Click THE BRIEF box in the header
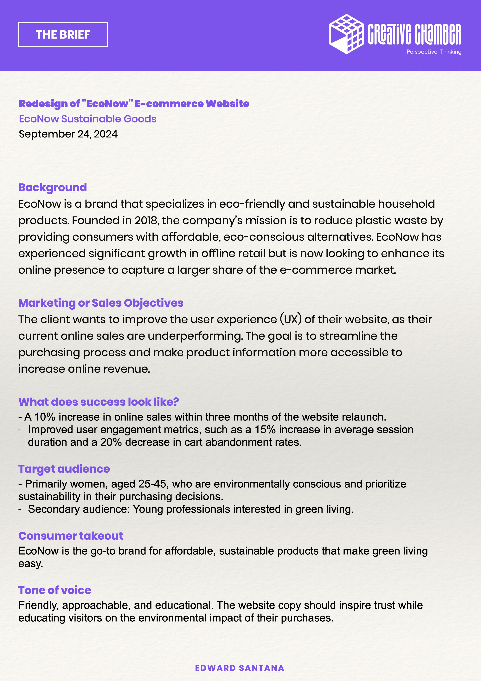click(63, 34)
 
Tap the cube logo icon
click(346, 34)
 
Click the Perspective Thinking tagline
click(434, 52)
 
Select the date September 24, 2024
click(68, 134)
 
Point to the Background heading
click(52, 188)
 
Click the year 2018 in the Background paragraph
click(146, 220)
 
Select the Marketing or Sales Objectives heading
click(101, 303)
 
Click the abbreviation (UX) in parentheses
click(290, 320)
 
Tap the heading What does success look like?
click(98, 402)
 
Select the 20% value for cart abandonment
click(111, 442)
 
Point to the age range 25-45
click(152, 484)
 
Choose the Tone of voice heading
click(55, 590)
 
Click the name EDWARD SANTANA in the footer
click(240, 668)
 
